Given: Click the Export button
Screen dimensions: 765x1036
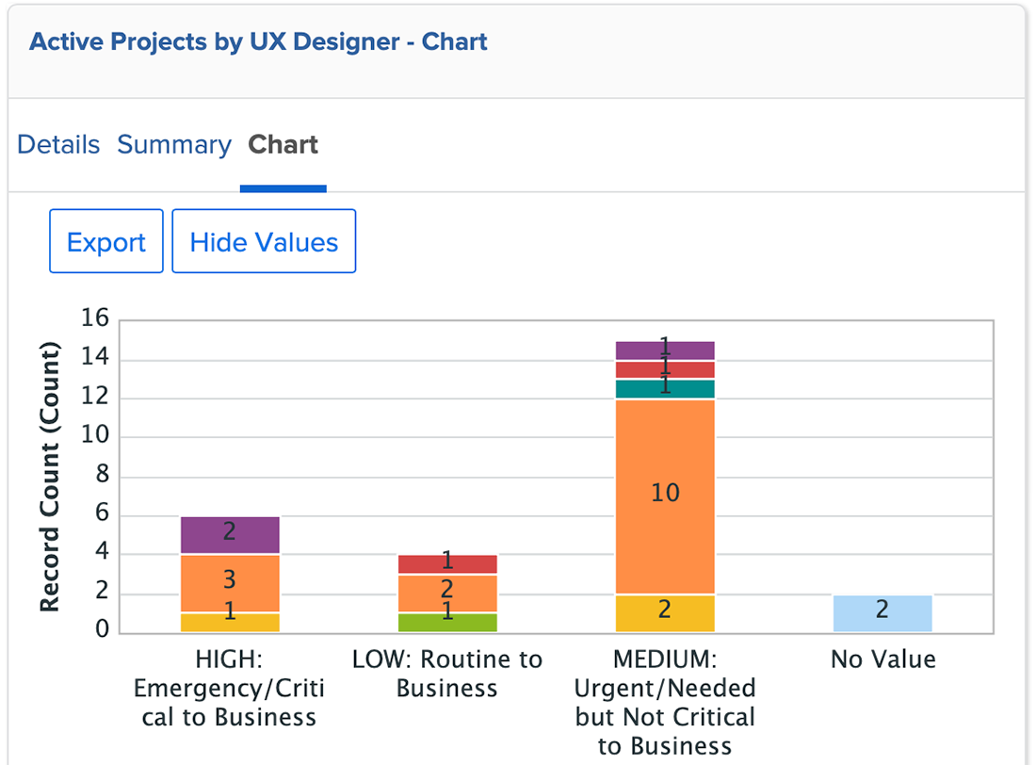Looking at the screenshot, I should [x=106, y=242].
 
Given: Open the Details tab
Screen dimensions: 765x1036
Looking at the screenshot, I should [x=58, y=145].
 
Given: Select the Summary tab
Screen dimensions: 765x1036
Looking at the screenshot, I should [x=174, y=145].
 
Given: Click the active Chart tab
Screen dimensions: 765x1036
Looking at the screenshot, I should [x=283, y=145].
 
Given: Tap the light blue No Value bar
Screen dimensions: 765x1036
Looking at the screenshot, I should [x=882, y=613].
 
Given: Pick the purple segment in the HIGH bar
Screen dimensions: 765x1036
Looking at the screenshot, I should [x=230, y=535].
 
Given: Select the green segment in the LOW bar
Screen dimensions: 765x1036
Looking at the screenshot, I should [x=447, y=623].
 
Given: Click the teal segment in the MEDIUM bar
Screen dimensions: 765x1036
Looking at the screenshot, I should [x=665, y=389].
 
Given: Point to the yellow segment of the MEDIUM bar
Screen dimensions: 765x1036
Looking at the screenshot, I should [x=665, y=613].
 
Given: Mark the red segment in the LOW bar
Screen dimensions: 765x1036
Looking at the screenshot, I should [x=447, y=564].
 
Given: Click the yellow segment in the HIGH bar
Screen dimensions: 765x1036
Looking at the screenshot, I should [x=230, y=623].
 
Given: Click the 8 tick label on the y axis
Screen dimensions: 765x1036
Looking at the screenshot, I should [x=103, y=476].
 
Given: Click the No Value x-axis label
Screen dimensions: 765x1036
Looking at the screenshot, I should [x=882, y=659].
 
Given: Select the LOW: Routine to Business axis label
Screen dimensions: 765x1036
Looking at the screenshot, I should [x=447, y=674].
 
